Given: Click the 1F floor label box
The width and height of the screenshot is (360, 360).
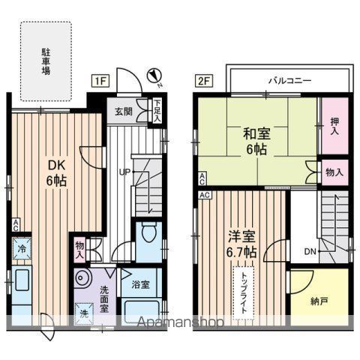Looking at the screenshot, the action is pos(100,81).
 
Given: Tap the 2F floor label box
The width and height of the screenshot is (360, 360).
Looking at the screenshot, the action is pos(204,81).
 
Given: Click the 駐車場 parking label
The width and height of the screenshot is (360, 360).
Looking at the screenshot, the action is pos(46,61).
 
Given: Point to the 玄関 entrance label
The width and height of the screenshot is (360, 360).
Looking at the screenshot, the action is pos(124,112).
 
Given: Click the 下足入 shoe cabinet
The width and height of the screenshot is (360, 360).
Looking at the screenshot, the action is pos(157,111).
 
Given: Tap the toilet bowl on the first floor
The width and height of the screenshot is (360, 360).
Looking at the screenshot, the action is pos(149,232).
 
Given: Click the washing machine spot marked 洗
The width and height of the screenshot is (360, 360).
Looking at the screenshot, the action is pos(84,313).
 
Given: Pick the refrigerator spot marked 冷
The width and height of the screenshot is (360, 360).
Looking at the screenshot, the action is pos(22,249).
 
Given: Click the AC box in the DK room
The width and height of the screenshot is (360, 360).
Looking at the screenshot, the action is pos(16,225).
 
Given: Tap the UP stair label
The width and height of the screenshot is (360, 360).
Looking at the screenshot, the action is pos(124,172).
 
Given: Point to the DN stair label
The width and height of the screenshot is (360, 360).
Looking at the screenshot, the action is pos(310,251).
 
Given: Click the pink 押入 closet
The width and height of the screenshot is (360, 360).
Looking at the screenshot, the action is pos(334,126).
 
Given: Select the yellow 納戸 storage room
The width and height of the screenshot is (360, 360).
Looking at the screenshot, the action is pos(319,297).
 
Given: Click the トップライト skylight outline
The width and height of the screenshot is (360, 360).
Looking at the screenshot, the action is pos(244,293).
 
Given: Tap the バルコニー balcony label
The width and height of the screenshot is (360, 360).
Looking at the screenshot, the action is pos(290,81).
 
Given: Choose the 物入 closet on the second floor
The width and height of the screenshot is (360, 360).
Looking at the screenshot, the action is pos(334,172).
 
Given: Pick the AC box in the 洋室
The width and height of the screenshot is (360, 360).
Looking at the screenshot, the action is pos(205,195).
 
